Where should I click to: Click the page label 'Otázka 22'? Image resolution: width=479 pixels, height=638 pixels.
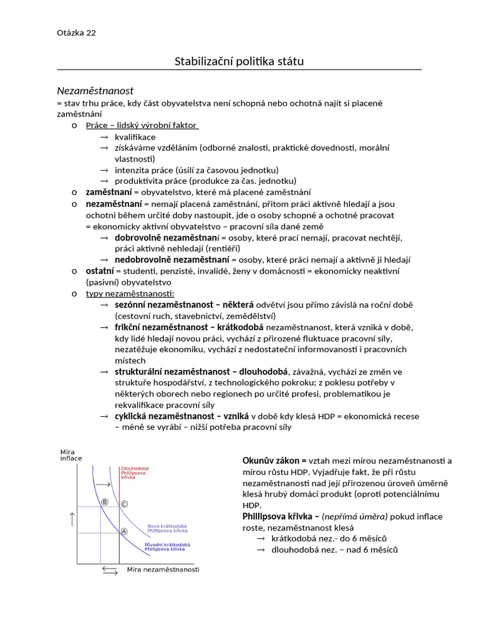tap(77, 33)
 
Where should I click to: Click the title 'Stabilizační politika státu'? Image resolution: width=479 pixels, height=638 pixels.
tap(239, 61)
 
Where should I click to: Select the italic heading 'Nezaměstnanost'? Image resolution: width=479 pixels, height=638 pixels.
tap(95, 91)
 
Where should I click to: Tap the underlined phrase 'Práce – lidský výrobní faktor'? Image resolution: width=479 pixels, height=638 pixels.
tap(142, 125)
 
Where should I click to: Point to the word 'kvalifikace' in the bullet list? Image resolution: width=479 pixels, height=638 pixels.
tap(135, 136)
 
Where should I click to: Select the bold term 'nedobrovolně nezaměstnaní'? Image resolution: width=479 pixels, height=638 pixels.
tap(172, 260)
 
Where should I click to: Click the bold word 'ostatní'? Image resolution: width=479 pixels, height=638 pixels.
tap(100, 271)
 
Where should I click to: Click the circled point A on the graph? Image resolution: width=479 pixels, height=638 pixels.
tap(123, 531)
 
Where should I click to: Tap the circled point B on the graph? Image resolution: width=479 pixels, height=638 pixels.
tap(104, 502)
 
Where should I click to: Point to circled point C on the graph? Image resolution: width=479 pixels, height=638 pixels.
tap(123, 503)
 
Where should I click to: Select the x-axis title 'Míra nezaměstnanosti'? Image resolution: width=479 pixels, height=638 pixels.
tap(163, 569)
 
